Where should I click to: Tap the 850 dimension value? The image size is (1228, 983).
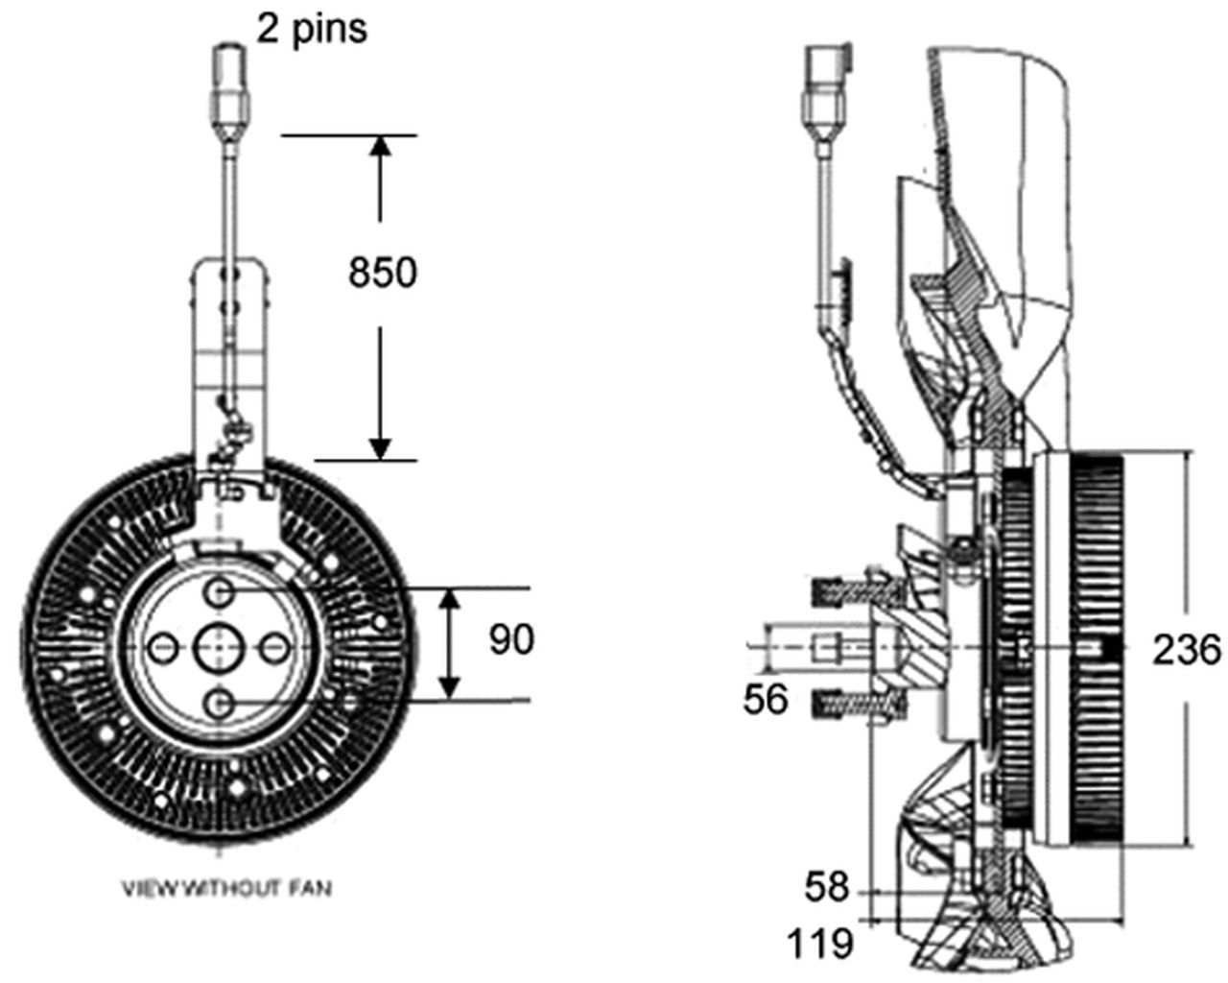point(382,273)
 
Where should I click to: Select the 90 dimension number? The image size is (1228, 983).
point(510,639)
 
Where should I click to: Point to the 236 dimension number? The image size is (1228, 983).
point(1187,650)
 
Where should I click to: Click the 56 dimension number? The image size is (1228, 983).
point(765,699)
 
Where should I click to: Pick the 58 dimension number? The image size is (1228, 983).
point(827,886)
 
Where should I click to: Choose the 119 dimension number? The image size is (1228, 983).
point(820,944)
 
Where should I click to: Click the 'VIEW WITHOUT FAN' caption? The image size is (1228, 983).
point(226,889)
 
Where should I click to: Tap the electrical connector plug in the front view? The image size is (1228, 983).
point(229,77)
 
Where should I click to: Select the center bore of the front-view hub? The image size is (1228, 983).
point(220,648)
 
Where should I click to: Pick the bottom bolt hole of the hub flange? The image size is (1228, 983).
point(220,704)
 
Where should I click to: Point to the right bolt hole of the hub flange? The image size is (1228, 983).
point(275,648)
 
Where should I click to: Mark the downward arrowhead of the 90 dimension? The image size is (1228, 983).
point(448,688)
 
